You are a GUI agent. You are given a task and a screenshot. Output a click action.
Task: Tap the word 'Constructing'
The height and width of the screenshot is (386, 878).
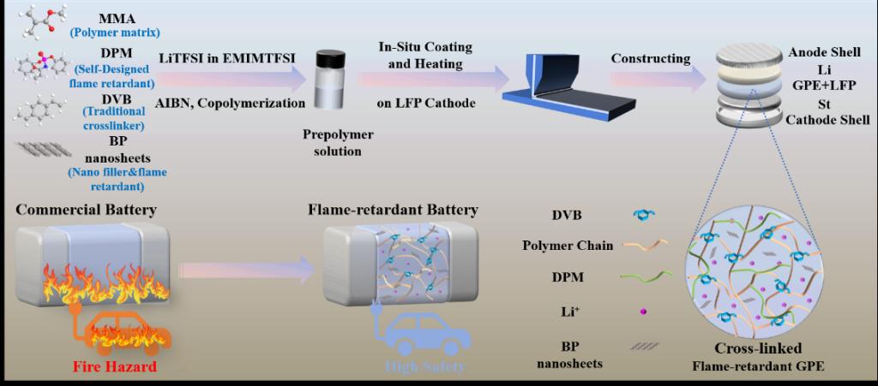coord(651,58)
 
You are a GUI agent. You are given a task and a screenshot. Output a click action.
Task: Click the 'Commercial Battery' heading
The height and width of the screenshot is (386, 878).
coord(84,210)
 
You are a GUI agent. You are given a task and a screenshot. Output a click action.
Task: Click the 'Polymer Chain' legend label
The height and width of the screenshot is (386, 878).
coord(567,246)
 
